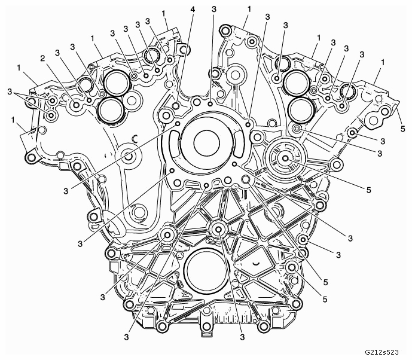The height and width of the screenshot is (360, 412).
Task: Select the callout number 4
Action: click(193, 10)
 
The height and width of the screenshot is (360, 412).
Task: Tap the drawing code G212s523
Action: click(382, 352)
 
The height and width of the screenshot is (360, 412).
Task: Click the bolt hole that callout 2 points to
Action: click(76, 105)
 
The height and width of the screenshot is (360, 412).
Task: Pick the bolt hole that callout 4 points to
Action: click(176, 106)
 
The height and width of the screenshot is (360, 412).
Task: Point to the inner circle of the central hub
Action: click(206, 143)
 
